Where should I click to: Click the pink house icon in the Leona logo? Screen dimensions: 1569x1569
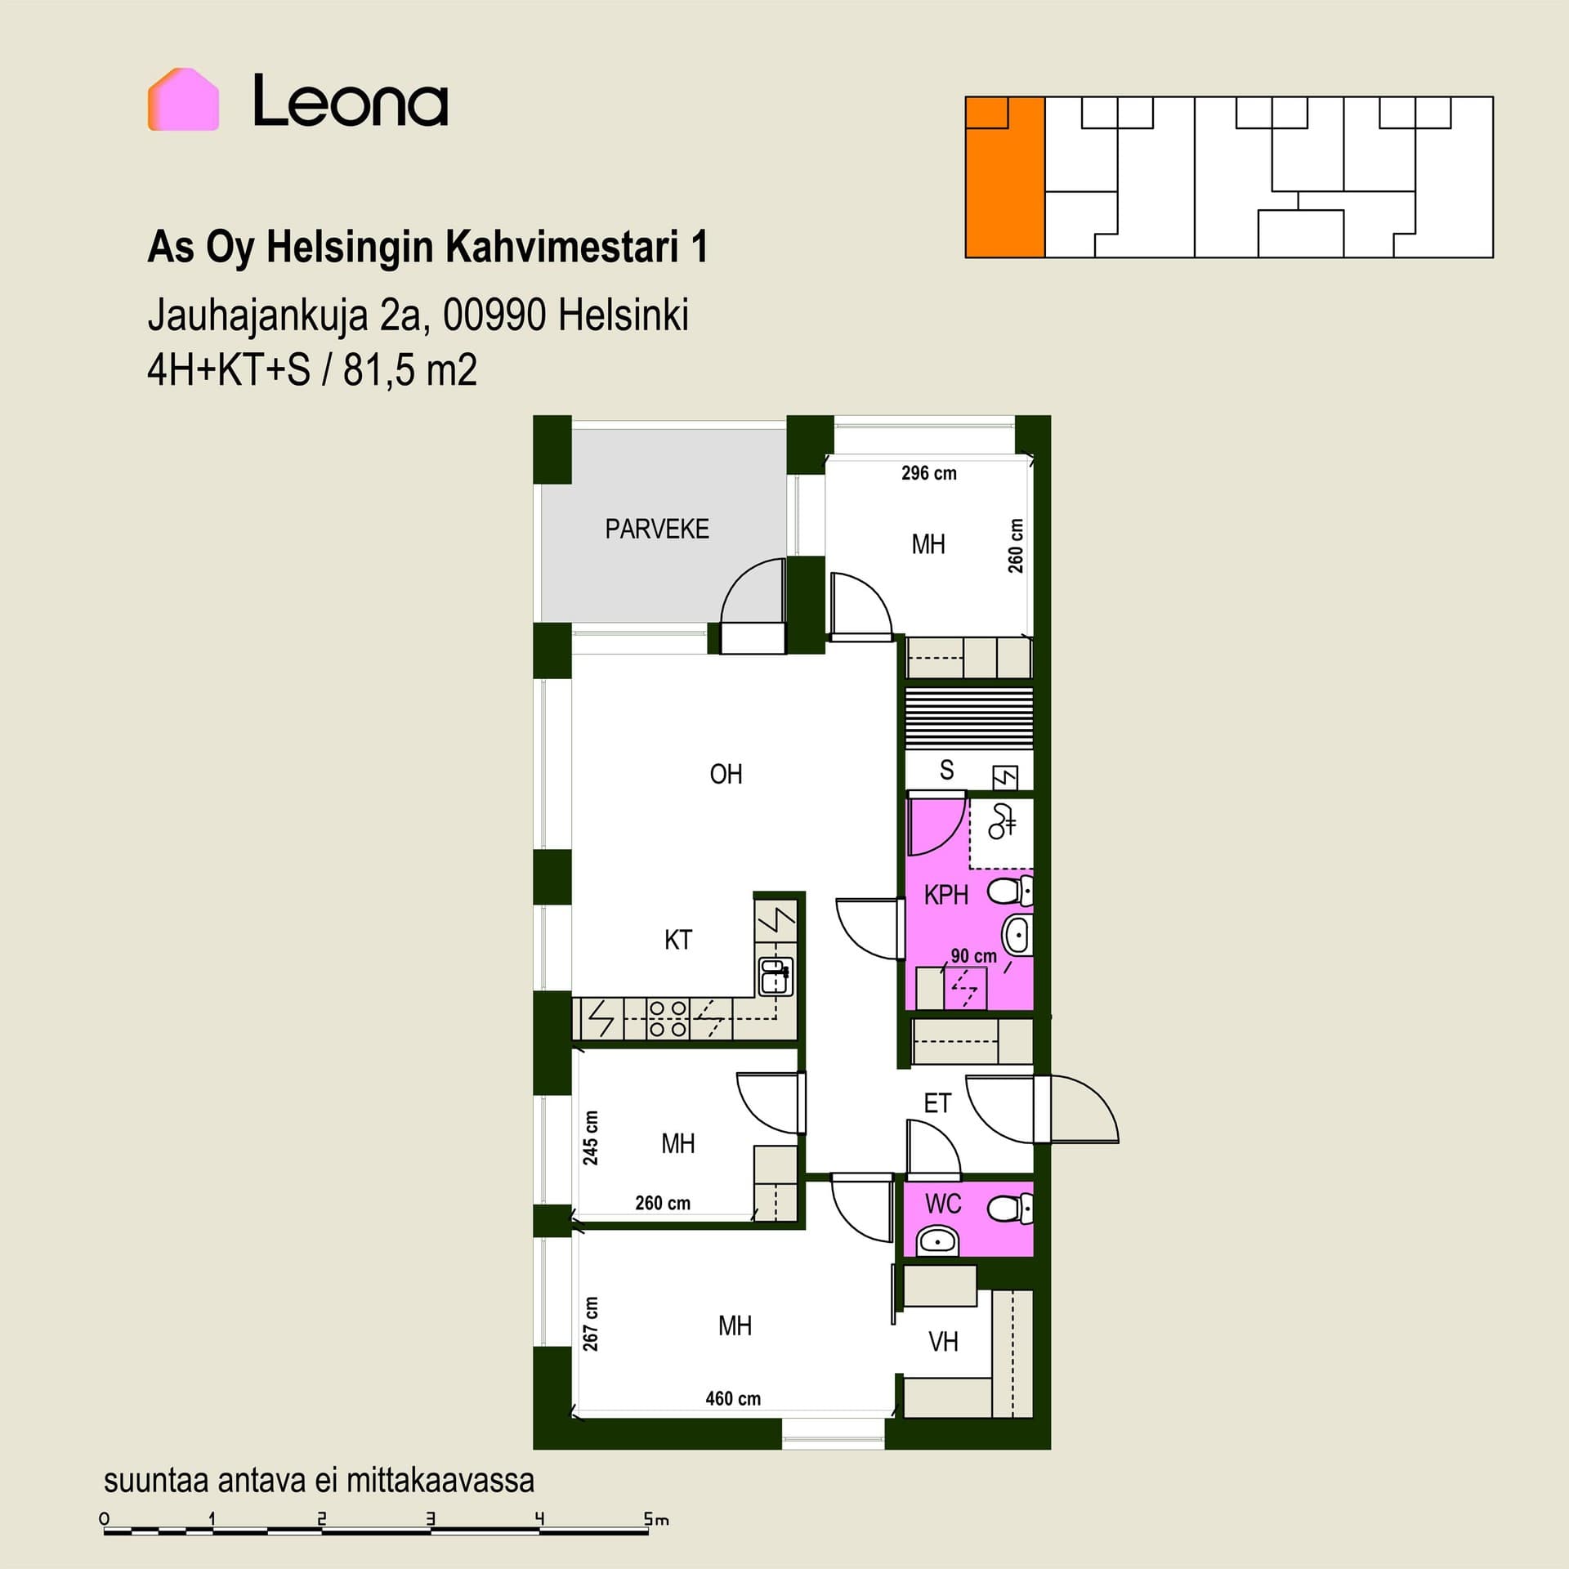point(183,100)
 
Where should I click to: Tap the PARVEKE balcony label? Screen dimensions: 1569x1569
point(657,530)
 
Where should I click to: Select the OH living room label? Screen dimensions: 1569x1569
point(726,774)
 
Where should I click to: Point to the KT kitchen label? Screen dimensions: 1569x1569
point(678,940)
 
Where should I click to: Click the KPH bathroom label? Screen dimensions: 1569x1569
point(945,895)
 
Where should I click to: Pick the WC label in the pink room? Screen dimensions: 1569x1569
point(943,1204)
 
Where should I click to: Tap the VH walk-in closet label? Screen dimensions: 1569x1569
point(943,1342)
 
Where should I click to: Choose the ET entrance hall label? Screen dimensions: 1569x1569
point(937,1103)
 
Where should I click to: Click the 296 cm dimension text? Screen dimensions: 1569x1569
point(928,473)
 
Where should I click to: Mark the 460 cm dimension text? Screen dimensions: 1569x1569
point(733,1398)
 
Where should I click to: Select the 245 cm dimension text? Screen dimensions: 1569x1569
point(590,1138)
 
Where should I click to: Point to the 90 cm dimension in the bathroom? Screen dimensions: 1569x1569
point(973,955)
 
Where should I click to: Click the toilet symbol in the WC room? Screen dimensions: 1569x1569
point(1010,1209)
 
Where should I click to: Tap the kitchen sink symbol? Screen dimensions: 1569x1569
point(776,977)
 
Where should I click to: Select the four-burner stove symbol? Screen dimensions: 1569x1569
point(668,1019)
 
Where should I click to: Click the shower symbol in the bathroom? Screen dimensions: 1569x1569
point(1002,821)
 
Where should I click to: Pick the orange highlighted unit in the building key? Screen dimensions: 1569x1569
point(1005,177)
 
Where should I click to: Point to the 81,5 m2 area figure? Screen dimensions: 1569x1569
point(409,370)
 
